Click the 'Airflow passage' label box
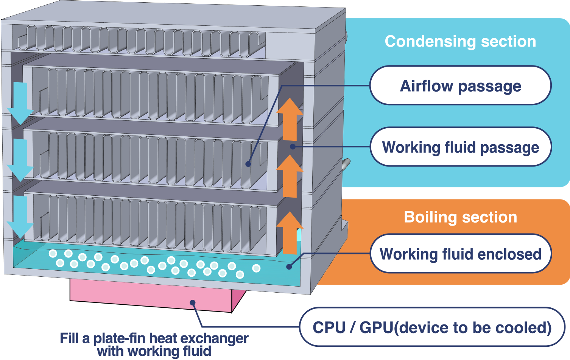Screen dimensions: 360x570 point(460,86)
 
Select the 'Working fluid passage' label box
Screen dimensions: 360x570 point(460,147)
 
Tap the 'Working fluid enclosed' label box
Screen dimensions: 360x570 point(460,254)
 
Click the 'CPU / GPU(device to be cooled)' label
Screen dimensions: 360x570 point(432,327)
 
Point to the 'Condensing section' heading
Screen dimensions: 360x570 point(460,41)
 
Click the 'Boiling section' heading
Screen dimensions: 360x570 point(460,217)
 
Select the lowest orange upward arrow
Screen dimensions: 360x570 point(290,233)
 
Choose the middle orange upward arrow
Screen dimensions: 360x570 point(290,176)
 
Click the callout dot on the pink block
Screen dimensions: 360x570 point(193,302)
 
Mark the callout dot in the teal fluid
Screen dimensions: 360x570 point(289,266)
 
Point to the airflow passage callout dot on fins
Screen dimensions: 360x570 point(248,164)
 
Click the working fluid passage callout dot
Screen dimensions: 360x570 point(292,146)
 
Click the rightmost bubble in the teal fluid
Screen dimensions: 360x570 point(256,268)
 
